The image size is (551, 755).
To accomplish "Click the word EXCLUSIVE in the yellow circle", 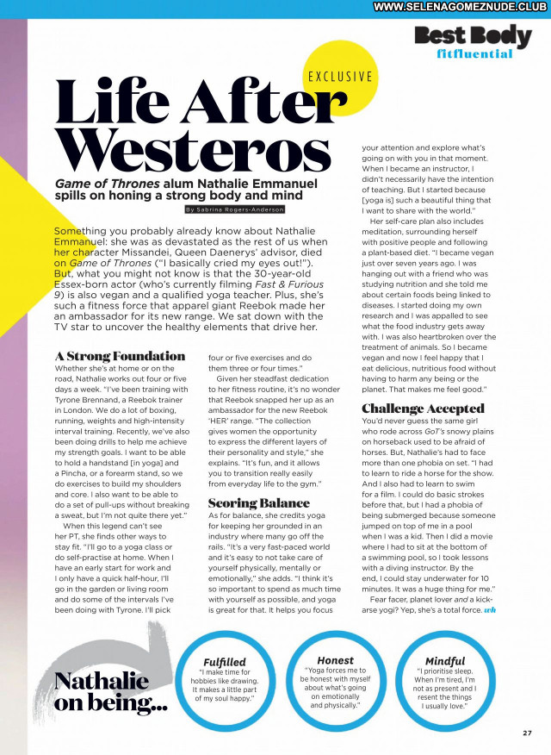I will [340, 76].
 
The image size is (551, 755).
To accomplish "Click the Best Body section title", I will [473, 36].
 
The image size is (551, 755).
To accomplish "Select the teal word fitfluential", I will [475, 54].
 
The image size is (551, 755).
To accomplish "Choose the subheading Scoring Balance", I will [258, 502].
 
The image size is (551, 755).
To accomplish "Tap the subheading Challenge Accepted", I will [423, 409].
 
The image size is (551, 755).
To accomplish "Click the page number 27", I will [527, 733].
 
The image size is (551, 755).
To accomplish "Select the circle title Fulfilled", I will [224, 663].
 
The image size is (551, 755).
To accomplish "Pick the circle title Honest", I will [335, 660].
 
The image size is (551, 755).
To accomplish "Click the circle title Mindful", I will [445, 661].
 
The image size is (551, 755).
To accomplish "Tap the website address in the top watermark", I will [461, 7].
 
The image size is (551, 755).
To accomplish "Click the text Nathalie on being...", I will [111, 692].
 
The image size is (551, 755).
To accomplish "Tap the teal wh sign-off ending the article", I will [491, 609].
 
